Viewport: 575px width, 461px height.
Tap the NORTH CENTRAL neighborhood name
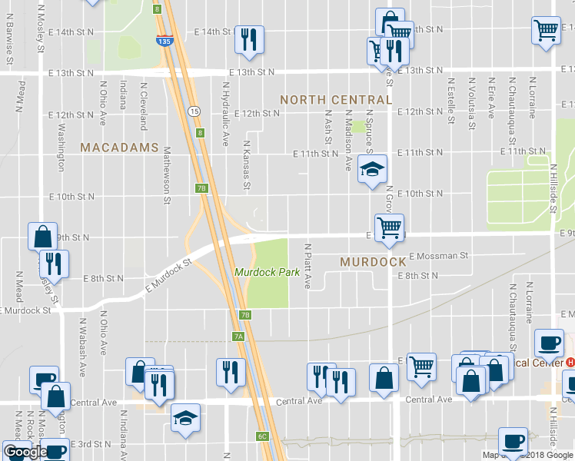(x=336, y=100)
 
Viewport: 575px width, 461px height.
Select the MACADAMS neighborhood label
(x=119, y=147)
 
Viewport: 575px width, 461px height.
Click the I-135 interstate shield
(x=164, y=41)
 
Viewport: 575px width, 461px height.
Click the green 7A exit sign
(x=238, y=336)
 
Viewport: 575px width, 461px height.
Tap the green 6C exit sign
(x=261, y=436)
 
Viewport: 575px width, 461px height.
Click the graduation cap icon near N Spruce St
(x=372, y=171)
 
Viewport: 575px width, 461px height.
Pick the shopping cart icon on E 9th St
(x=390, y=227)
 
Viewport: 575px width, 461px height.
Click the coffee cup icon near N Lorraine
(x=549, y=343)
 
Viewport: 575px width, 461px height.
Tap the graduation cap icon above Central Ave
(x=185, y=417)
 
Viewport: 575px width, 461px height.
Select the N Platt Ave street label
(x=307, y=267)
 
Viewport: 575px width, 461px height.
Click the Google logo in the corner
(x=25, y=453)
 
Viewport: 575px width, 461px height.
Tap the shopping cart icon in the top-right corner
(x=546, y=32)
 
